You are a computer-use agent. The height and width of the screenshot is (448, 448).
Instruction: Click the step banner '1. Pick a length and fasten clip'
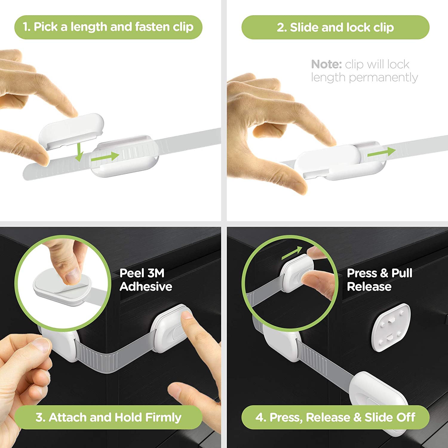(x=108, y=27)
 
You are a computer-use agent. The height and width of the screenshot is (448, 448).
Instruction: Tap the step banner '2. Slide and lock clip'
(x=335, y=27)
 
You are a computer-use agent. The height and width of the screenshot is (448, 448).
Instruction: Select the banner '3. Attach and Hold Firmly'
(x=108, y=417)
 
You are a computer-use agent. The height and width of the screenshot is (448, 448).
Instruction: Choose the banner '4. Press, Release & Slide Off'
(x=335, y=417)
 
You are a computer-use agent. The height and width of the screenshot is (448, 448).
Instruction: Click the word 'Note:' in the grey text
(x=326, y=65)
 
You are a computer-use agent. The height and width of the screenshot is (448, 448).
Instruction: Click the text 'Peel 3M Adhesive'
(x=145, y=280)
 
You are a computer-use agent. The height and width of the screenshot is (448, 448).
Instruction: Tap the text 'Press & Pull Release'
(x=379, y=280)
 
